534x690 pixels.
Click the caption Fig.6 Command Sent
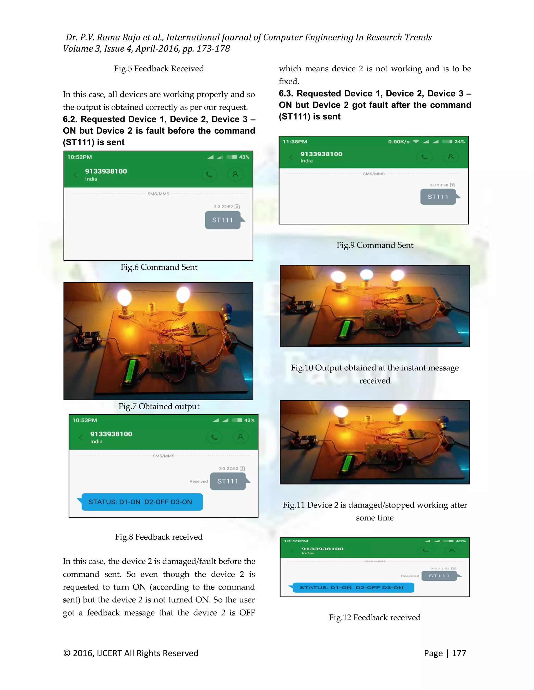159,267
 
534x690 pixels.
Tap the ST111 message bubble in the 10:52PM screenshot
222,220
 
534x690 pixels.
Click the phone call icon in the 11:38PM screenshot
424,157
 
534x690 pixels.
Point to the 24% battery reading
459,142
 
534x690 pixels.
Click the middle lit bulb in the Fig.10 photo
367,275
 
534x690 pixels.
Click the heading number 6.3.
286,93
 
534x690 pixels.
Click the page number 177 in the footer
459,653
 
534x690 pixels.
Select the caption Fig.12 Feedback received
375,617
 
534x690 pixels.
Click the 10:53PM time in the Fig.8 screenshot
85,420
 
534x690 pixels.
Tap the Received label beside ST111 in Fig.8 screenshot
198,481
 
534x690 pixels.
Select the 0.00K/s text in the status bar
399,142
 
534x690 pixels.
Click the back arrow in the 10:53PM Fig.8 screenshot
80,438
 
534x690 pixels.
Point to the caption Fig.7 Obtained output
159,407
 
